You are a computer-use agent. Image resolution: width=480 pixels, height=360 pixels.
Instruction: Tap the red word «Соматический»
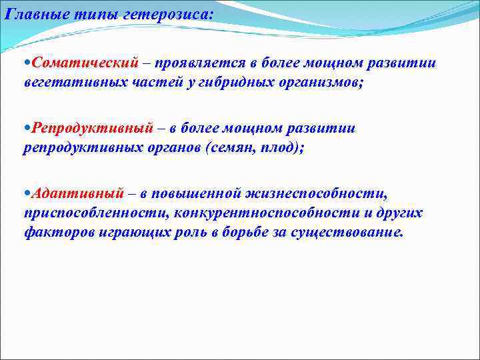coord(86,63)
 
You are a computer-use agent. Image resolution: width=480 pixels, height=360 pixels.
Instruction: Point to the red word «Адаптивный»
coord(77,193)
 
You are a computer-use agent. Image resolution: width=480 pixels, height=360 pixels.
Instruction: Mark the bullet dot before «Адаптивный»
coord(26,194)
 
